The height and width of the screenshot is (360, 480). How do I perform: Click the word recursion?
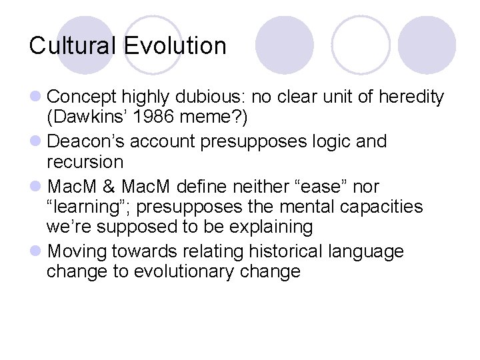coord(85,162)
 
